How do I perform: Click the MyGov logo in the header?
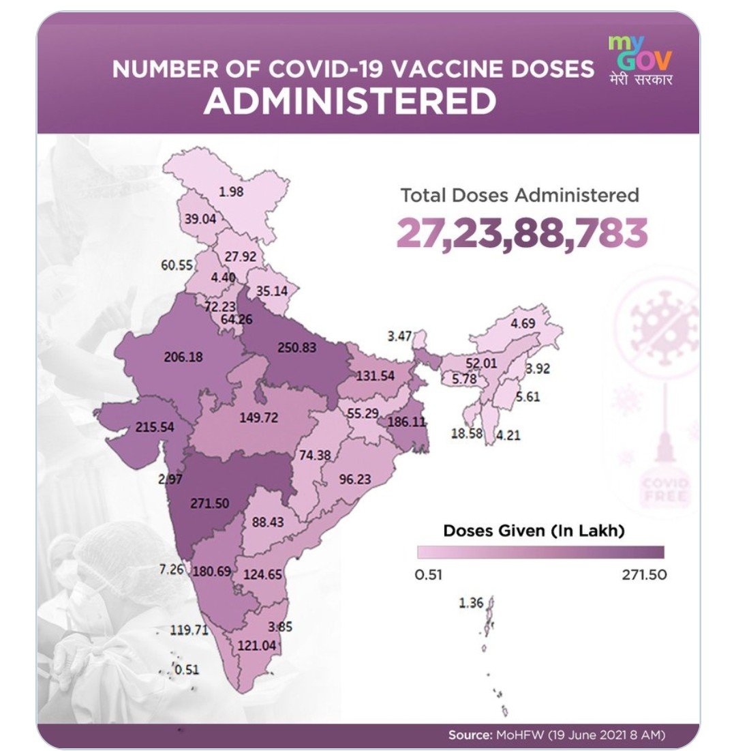[x=639, y=61]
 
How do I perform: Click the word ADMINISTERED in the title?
[x=350, y=102]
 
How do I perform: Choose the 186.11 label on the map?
[x=406, y=422]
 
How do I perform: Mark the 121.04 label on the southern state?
[x=257, y=645]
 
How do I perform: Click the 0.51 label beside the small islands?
[x=186, y=669]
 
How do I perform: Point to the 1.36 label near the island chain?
[x=471, y=602]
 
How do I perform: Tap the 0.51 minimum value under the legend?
[x=429, y=574]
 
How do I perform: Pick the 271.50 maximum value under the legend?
[x=643, y=574]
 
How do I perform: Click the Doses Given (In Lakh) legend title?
[x=534, y=530]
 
